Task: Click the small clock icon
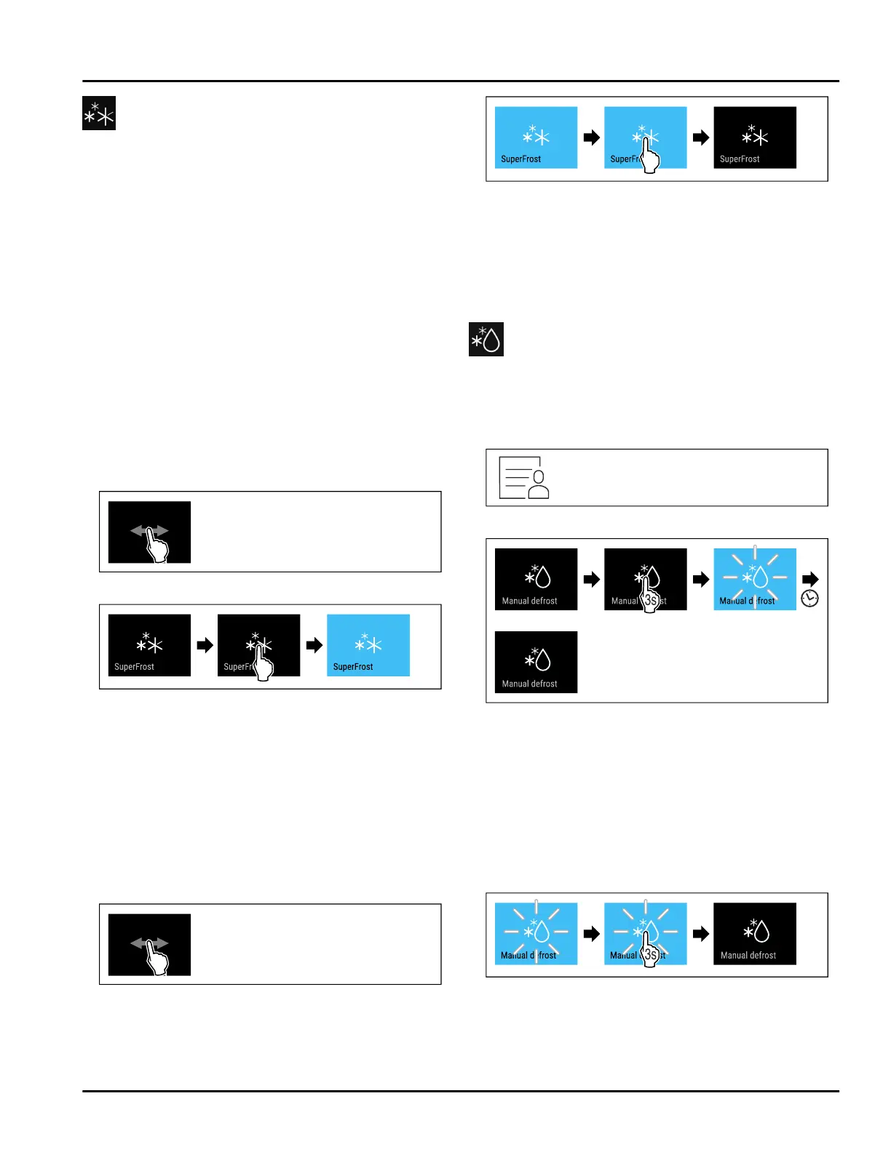coord(809,599)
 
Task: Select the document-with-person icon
coord(524,478)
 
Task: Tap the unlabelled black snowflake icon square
coord(99,113)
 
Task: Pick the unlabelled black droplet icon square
coord(486,340)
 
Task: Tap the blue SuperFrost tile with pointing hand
coord(645,137)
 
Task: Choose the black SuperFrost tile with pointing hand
coord(258,645)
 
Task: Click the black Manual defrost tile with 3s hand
coord(645,579)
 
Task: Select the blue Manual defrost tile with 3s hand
coord(645,934)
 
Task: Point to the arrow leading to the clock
coord(810,579)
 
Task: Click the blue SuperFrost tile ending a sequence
coord(368,645)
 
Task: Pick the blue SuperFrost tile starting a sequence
coord(536,137)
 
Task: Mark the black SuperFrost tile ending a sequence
coord(755,137)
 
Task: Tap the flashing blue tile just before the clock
coord(755,579)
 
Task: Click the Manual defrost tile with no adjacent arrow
coord(536,662)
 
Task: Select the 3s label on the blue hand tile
coord(651,955)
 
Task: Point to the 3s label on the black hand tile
coord(651,601)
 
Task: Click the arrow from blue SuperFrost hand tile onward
coord(701,137)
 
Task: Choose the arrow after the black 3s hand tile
coord(701,579)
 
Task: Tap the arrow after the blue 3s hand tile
coord(701,934)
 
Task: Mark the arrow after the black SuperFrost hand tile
coord(314,645)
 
